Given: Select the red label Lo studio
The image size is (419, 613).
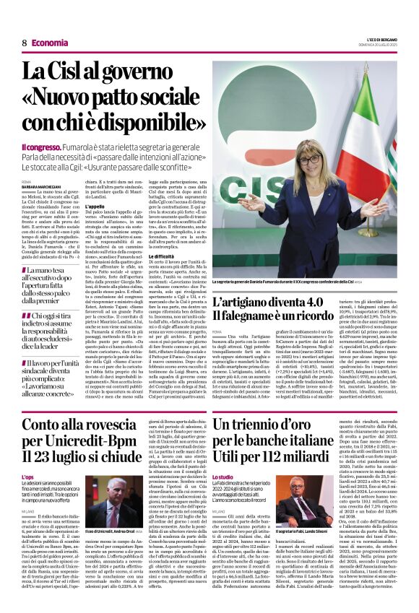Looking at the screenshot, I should pos(224,477).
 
